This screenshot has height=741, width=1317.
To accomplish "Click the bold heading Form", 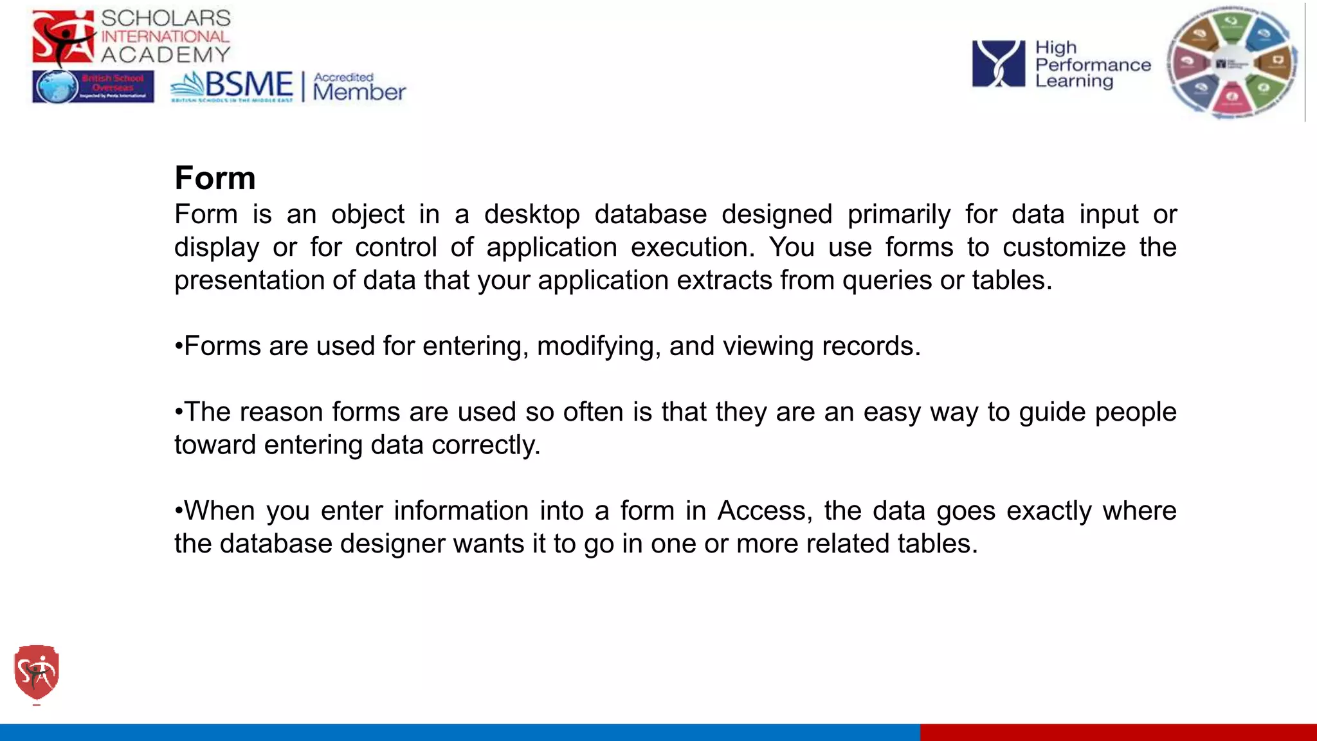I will click(x=215, y=178).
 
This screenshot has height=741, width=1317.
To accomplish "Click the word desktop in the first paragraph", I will click(x=532, y=215).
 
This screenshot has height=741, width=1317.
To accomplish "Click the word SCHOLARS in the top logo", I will click(x=166, y=18).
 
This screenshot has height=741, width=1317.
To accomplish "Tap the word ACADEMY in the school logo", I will click(x=166, y=55).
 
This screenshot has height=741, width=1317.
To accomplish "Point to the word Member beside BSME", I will click(x=359, y=92).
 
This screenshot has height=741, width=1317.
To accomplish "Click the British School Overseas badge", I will click(x=93, y=87).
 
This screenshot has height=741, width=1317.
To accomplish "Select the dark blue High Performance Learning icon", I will click(x=998, y=64).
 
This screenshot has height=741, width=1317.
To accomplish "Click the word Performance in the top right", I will click(x=1093, y=65).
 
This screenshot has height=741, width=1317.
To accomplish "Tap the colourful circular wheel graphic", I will click(x=1232, y=63).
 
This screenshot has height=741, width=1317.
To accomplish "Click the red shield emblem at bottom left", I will click(x=37, y=672).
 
